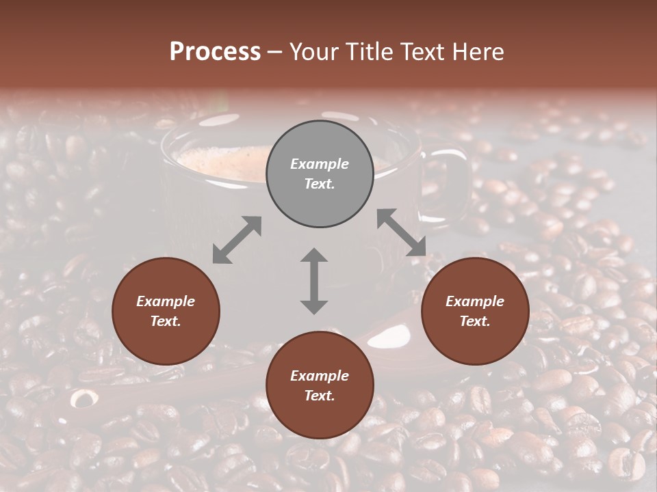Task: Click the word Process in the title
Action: click(215, 52)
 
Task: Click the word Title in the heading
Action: click(368, 52)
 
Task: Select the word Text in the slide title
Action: click(422, 52)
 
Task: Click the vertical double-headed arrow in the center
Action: click(314, 281)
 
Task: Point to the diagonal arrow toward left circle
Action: click(237, 240)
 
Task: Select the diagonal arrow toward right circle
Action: click(401, 232)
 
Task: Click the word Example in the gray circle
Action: click(320, 164)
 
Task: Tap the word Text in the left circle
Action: click(166, 321)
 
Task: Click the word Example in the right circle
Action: click(475, 301)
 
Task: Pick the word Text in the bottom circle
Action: click(320, 396)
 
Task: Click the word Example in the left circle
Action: click(166, 301)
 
